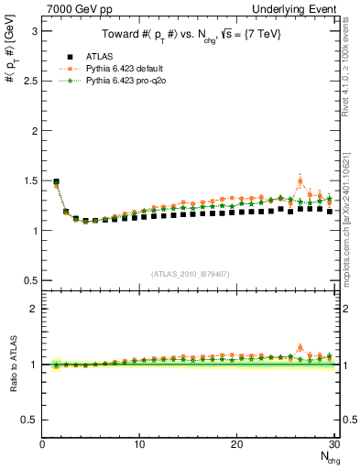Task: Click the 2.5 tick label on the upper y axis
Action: (x=27, y=81)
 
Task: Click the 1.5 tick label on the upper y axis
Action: (x=27, y=180)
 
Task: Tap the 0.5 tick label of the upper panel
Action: (x=27, y=280)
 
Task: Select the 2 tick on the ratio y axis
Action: (x=33, y=309)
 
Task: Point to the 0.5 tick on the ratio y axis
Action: (x=27, y=420)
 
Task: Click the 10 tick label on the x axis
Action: (x=139, y=445)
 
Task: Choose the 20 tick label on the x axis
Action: (x=236, y=445)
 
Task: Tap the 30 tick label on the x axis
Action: (x=333, y=445)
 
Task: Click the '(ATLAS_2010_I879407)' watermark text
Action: (x=190, y=272)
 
